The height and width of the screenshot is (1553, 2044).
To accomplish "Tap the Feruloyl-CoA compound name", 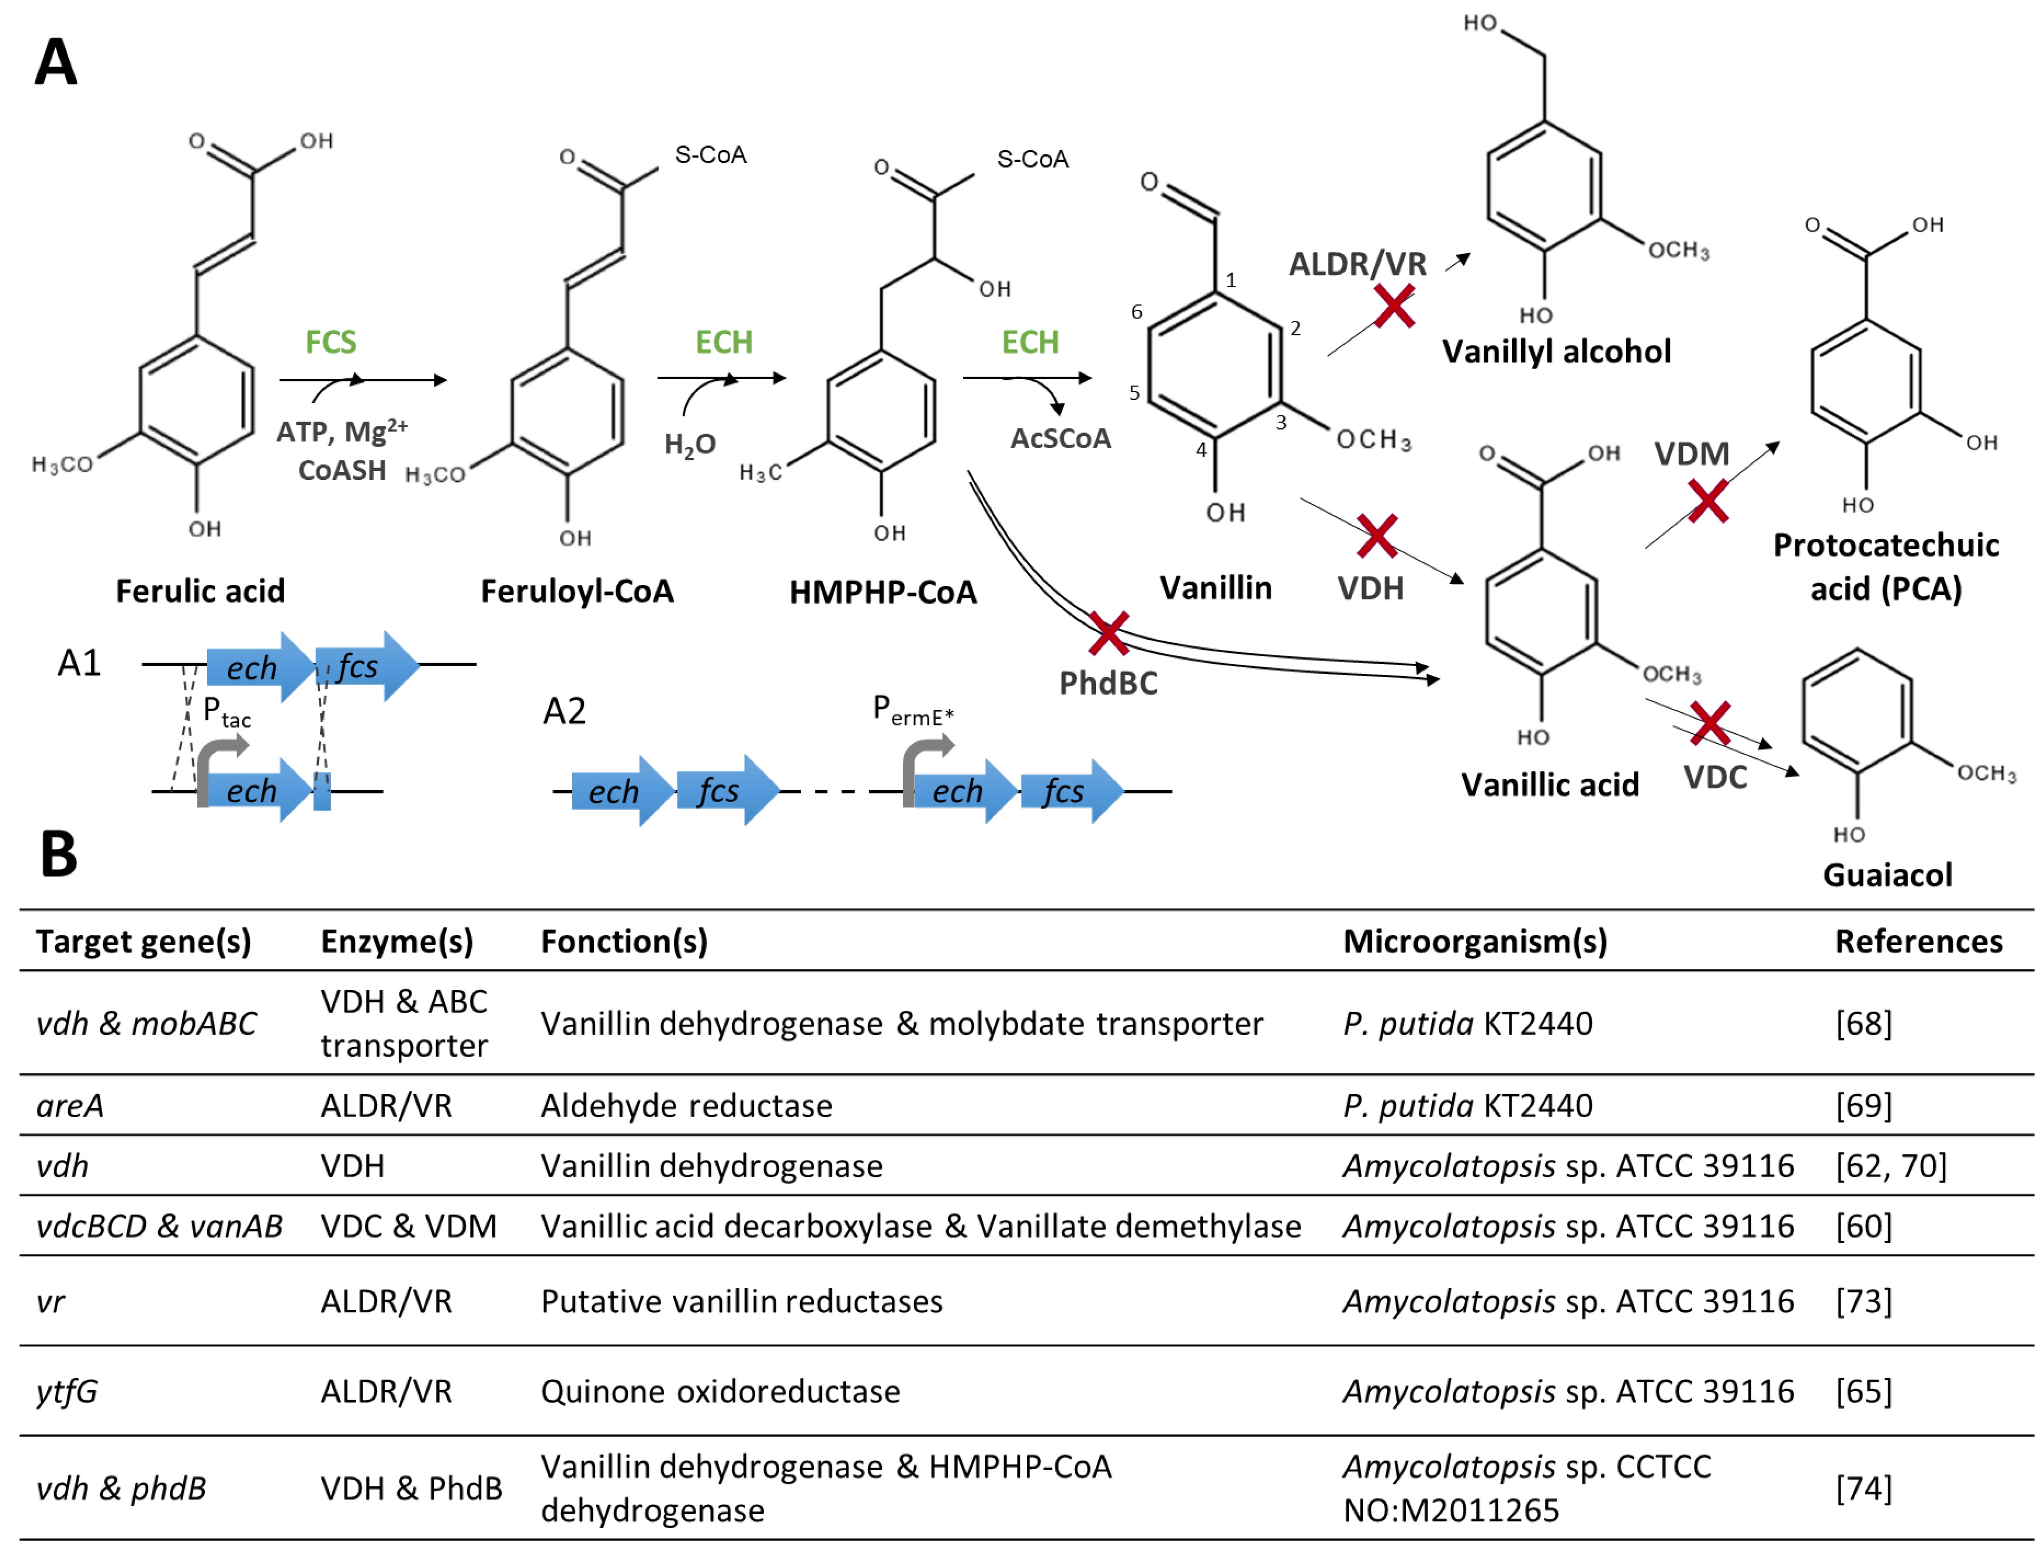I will pos(577,591).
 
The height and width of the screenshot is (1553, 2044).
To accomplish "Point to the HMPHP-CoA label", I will pos(883,591).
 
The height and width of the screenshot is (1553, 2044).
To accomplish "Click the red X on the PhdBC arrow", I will pos(1109,634).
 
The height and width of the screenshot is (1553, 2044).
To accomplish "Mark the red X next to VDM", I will pos(1708,501).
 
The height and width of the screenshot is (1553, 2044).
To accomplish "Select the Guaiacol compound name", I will pos(1887,874).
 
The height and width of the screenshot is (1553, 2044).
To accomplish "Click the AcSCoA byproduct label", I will pos(1060,438).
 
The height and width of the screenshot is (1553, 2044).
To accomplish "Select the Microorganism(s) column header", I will pos(1474,941).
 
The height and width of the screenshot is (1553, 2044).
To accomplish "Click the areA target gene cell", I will pos(70,1105).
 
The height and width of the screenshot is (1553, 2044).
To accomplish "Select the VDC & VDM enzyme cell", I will pos(409,1226).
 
